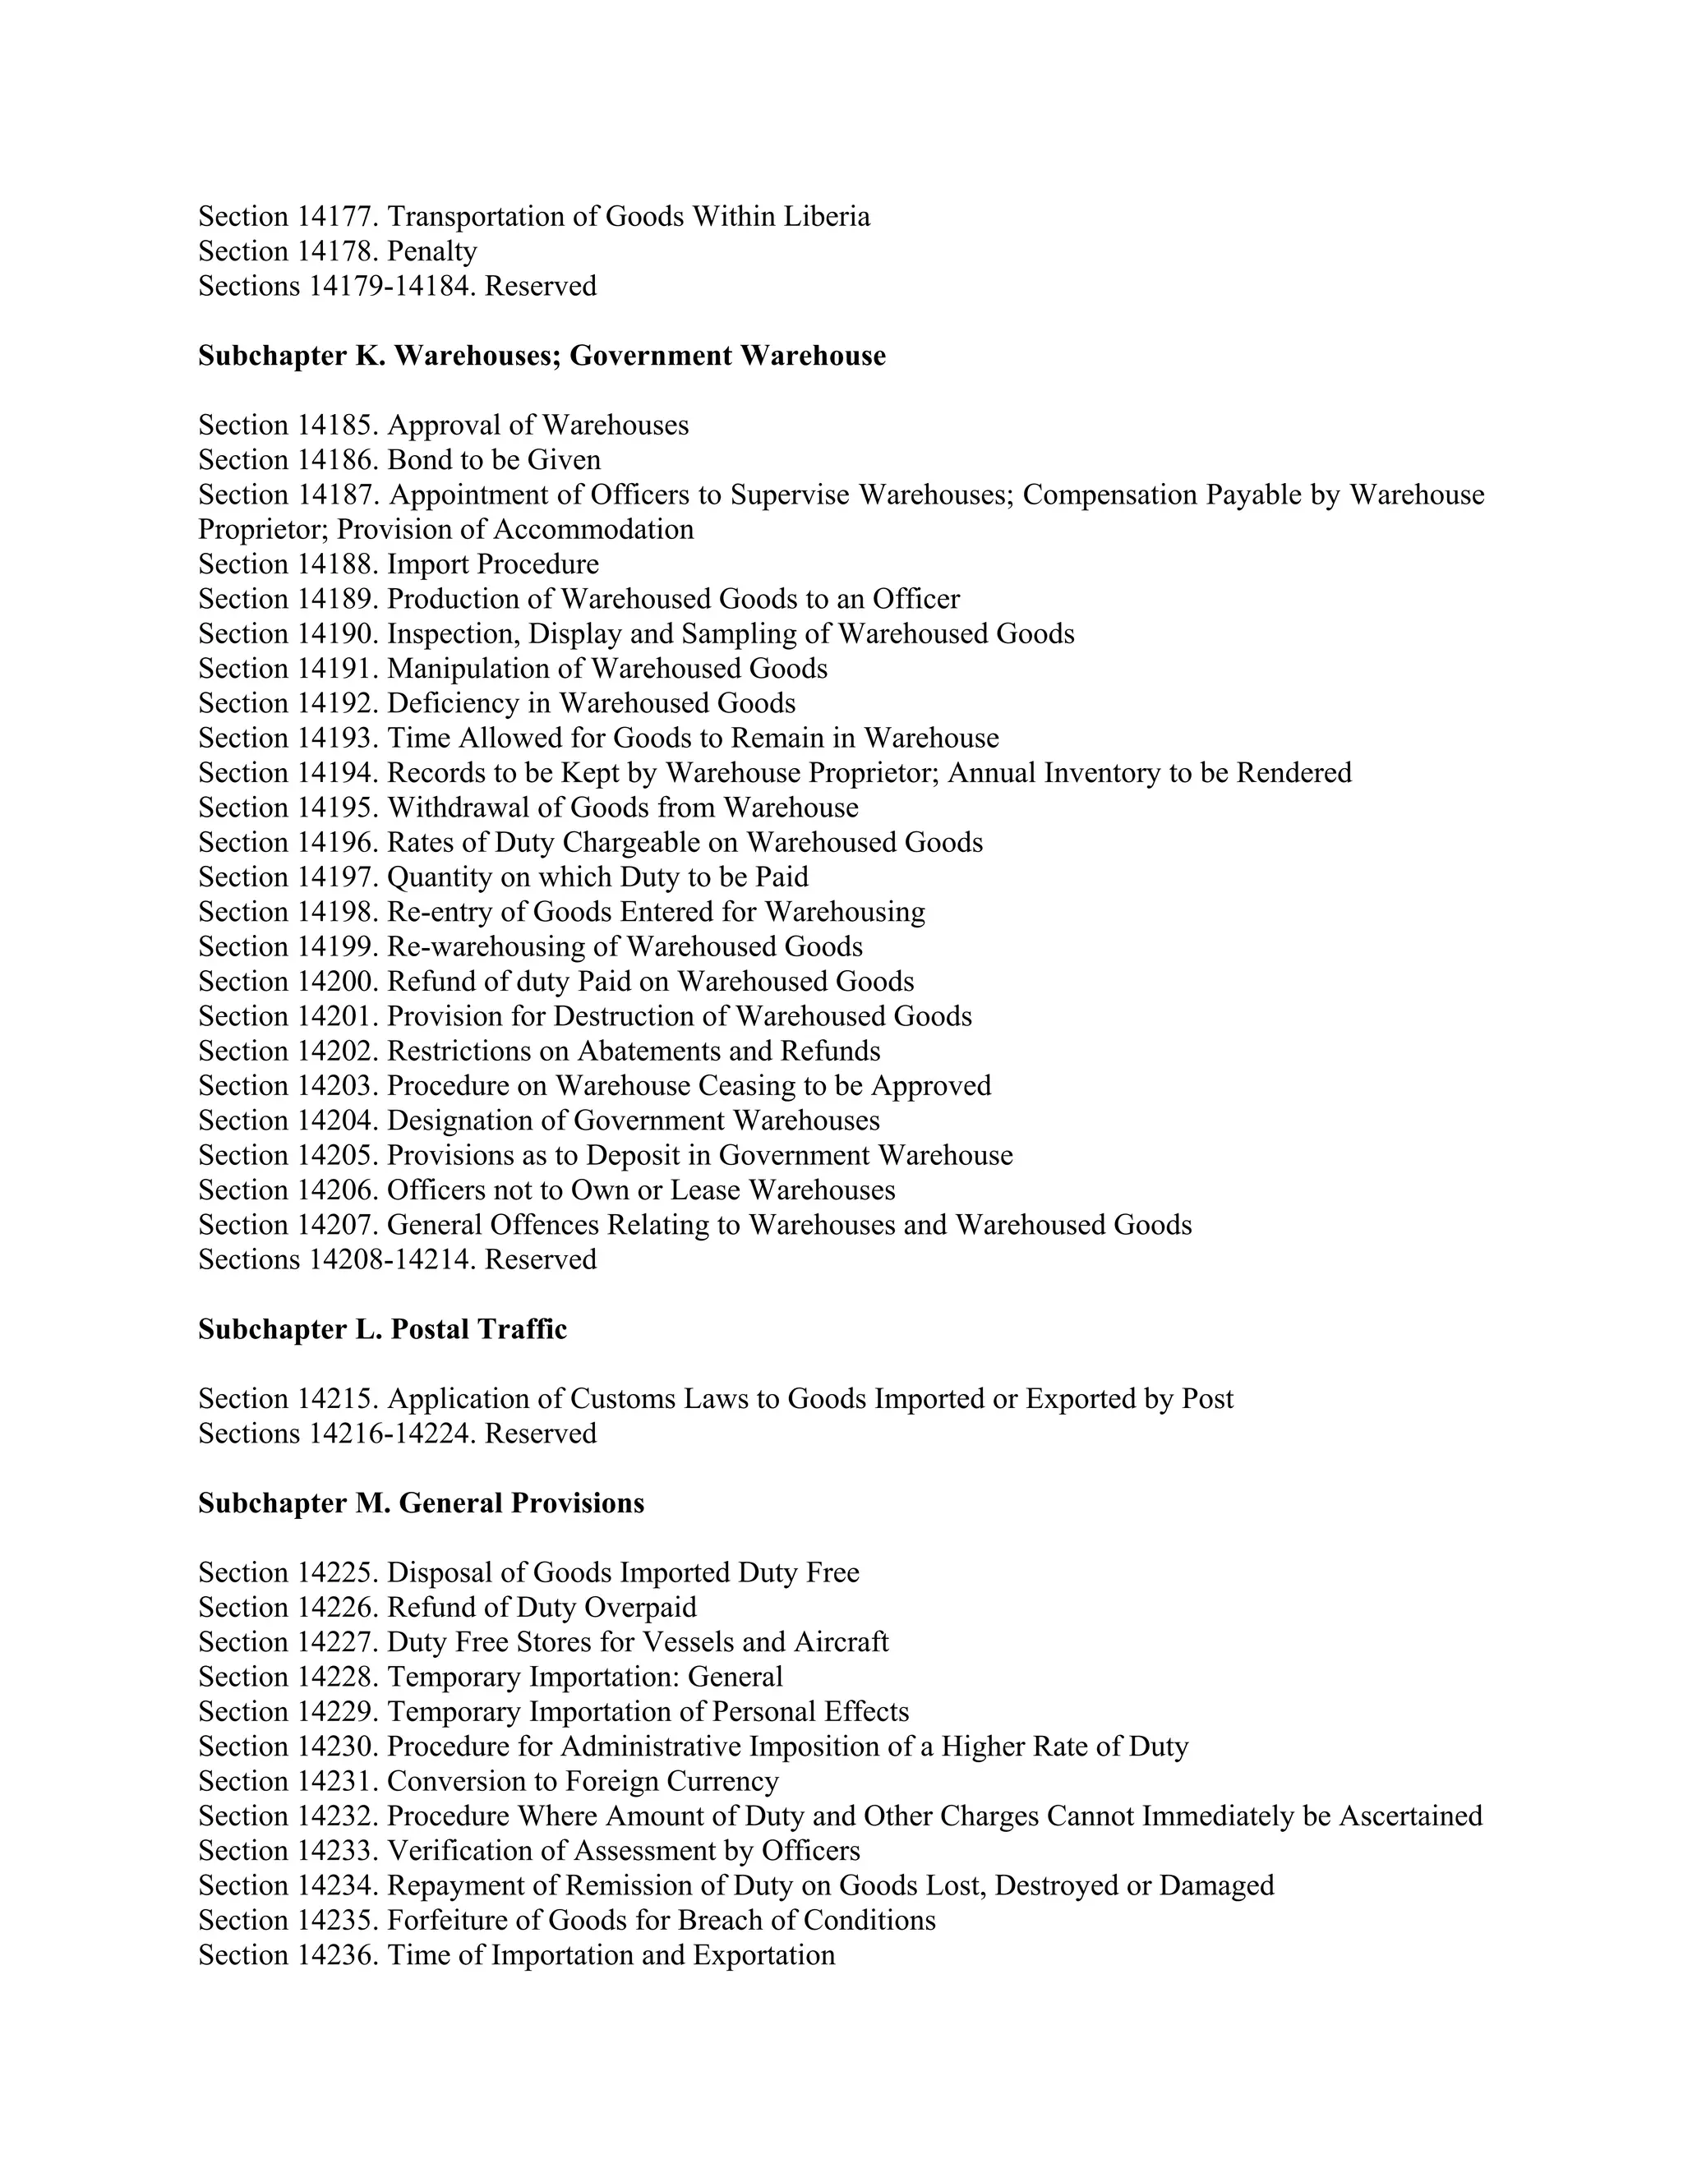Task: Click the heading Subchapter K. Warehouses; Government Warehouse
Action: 542,356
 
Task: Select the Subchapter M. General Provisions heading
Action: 421,1503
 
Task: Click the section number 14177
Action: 337,216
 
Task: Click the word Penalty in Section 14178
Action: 431,251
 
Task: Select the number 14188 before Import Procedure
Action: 337,564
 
